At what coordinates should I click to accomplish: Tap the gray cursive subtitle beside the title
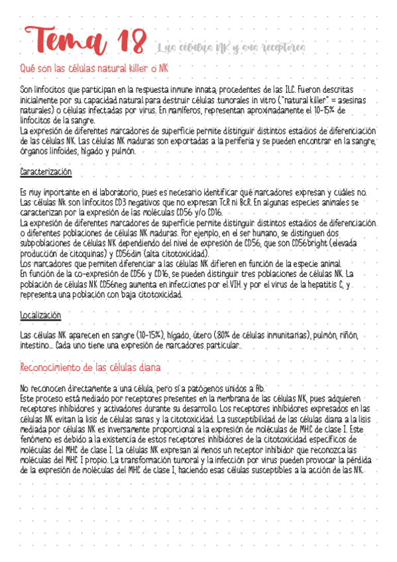point(232,48)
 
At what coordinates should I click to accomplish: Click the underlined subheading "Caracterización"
point(46,172)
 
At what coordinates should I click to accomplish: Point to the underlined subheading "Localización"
point(41,315)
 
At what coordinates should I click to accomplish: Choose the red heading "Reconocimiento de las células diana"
point(90,367)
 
